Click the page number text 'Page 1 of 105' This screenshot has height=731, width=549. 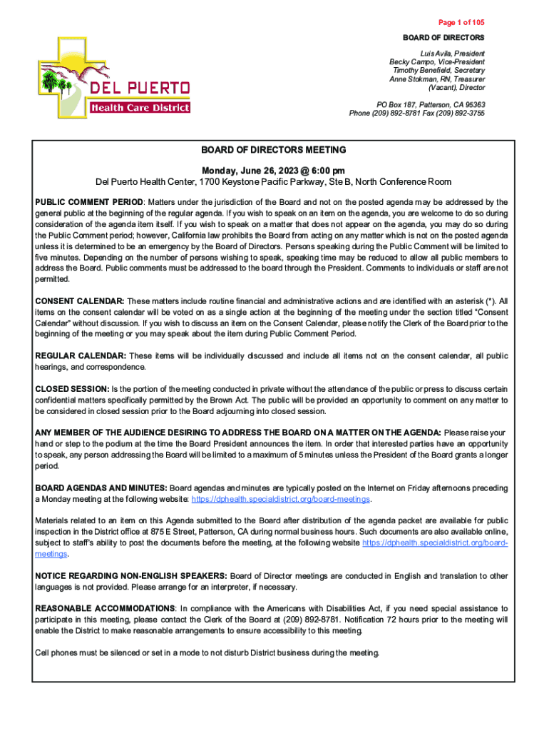[x=458, y=22]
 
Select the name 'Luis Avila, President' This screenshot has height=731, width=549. [x=453, y=54]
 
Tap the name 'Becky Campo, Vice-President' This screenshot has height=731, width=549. [x=436, y=62]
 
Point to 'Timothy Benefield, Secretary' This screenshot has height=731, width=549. [x=438, y=71]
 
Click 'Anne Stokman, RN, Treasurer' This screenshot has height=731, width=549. [x=436, y=79]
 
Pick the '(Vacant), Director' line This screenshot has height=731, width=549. [x=456, y=88]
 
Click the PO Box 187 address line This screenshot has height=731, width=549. [x=431, y=104]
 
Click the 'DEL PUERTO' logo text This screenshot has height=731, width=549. [x=139, y=89]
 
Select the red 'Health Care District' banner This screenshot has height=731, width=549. [x=140, y=108]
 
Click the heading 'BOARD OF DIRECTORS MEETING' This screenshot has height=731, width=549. [x=273, y=150]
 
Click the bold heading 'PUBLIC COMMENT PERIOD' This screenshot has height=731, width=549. [x=89, y=202]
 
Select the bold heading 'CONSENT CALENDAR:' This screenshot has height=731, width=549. [x=80, y=302]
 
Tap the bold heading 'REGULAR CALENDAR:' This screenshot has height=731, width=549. [x=81, y=356]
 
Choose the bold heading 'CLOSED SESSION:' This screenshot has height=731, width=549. [x=71, y=389]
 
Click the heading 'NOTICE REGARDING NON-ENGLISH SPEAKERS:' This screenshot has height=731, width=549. [x=131, y=575]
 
